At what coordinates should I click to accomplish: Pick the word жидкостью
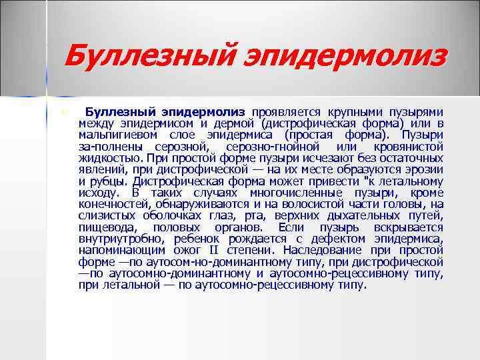point(109,158)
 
